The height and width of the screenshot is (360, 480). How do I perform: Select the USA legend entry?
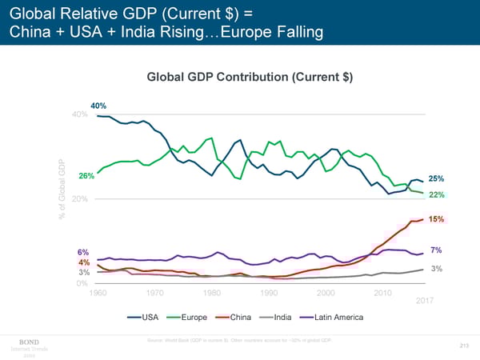[150, 318]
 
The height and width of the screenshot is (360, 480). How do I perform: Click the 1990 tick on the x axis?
[270, 292]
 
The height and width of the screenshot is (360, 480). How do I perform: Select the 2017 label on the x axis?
[424, 300]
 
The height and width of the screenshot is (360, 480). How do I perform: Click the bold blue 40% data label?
[98, 106]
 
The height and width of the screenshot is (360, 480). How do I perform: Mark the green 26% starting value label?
[87, 175]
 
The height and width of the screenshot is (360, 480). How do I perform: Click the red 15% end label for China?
[437, 219]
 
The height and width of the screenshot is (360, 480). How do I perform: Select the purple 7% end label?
[436, 250]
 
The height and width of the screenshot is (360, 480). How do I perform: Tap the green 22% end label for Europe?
[437, 195]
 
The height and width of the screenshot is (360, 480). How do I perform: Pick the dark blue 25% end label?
[437, 178]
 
